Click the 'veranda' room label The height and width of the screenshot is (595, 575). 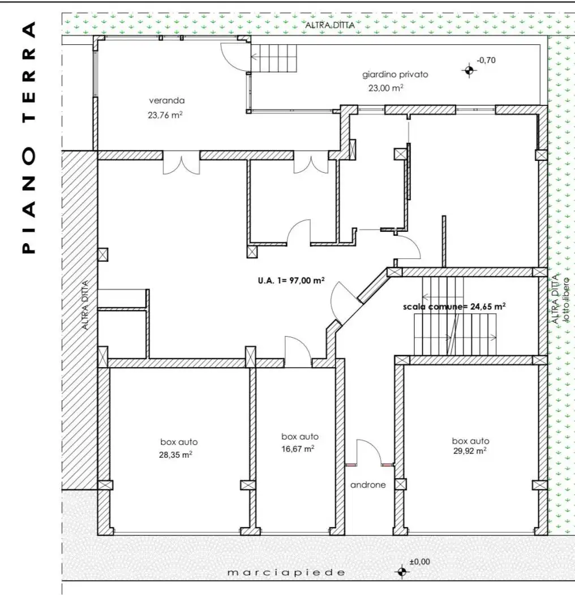[x=167, y=100]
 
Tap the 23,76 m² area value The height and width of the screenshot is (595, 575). [x=165, y=114]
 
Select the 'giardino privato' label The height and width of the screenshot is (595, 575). [x=395, y=74]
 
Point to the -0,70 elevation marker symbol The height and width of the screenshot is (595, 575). [x=469, y=70]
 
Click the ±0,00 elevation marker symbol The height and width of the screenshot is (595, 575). [x=402, y=571]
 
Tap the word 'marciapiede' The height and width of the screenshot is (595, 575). [x=286, y=572]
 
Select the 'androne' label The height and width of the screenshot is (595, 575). [x=368, y=484]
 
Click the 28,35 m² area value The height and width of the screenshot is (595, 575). [x=175, y=454]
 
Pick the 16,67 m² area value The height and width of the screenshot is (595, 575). [x=298, y=449]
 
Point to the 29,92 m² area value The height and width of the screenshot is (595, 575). [x=470, y=451]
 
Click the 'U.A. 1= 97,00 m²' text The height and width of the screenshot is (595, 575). [x=291, y=280]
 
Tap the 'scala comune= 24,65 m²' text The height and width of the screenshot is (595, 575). [x=454, y=306]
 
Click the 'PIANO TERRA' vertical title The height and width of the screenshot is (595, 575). [x=29, y=137]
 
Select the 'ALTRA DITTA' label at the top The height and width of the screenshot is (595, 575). [x=330, y=25]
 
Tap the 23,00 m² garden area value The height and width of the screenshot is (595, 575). [x=386, y=88]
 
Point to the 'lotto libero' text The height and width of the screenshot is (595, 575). [x=566, y=300]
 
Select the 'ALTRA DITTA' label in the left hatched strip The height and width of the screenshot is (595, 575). [x=85, y=305]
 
